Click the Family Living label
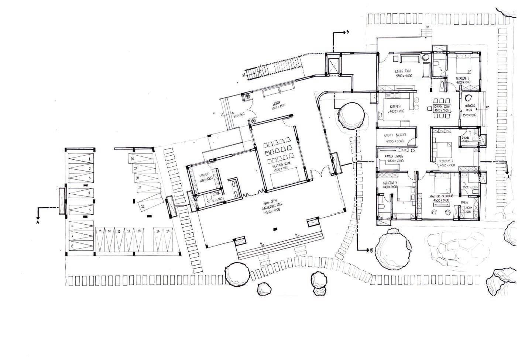[394, 156]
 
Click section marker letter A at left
[38, 222]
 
